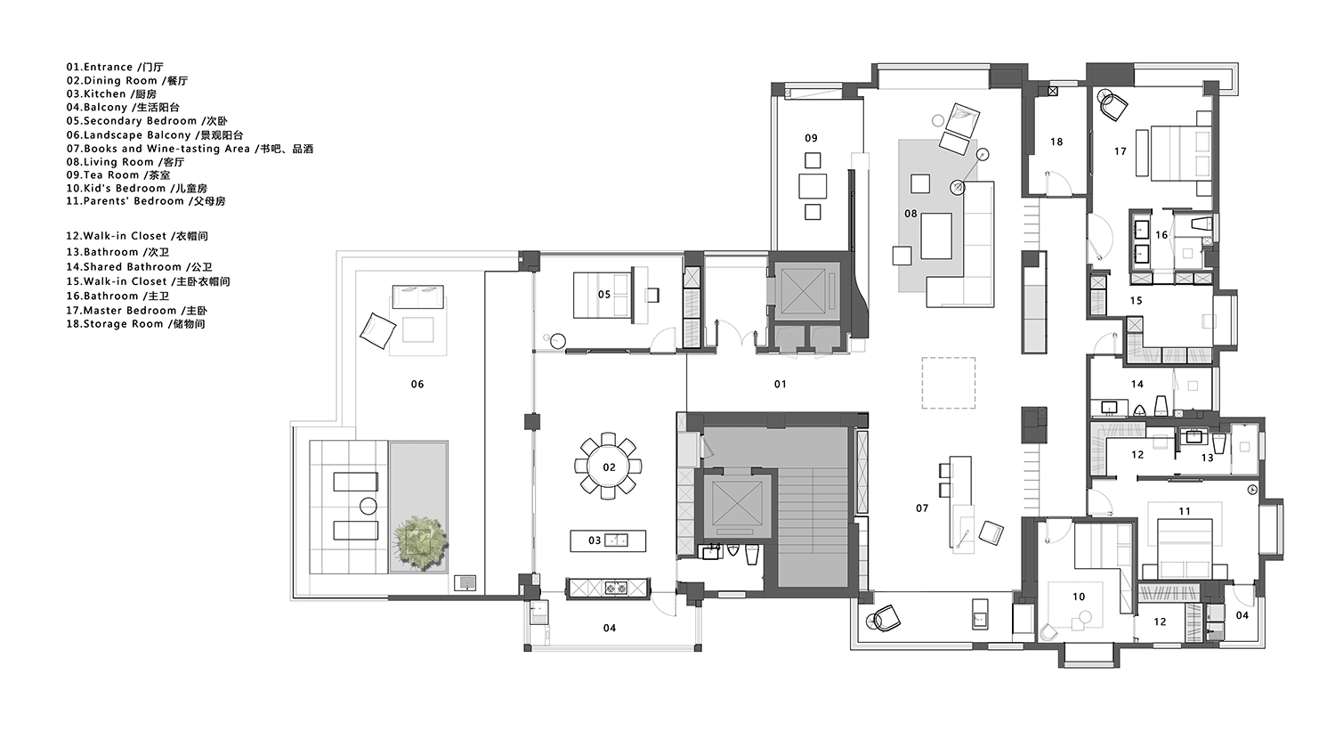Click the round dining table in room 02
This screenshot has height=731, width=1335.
pos(609,467)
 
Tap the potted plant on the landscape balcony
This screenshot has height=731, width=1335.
pos(421,541)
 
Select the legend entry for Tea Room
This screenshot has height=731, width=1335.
pos(118,175)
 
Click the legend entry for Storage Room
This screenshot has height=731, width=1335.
pos(135,324)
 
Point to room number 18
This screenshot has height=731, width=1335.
pos(1056,142)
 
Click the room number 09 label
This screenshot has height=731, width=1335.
pos(811,138)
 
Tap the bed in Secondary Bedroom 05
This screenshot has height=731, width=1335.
pos(603,295)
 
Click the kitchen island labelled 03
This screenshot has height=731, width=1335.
pos(608,540)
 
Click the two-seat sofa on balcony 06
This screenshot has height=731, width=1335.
pos(417,296)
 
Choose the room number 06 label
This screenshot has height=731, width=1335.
pos(417,385)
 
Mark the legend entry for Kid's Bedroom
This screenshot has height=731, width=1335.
pos(136,189)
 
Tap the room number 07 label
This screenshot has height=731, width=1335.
pos(922,508)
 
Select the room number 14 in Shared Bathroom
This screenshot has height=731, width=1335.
pos(1137,385)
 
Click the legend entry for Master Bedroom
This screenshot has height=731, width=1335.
pos(136,311)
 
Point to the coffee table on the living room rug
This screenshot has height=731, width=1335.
pos(935,236)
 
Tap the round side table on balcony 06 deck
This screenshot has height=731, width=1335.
pos(368,507)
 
